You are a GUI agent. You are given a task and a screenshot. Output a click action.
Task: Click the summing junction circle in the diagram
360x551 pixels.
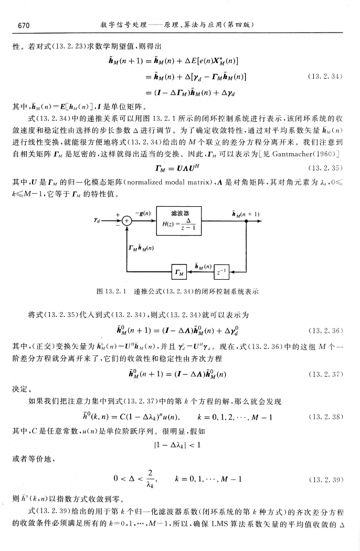126,221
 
